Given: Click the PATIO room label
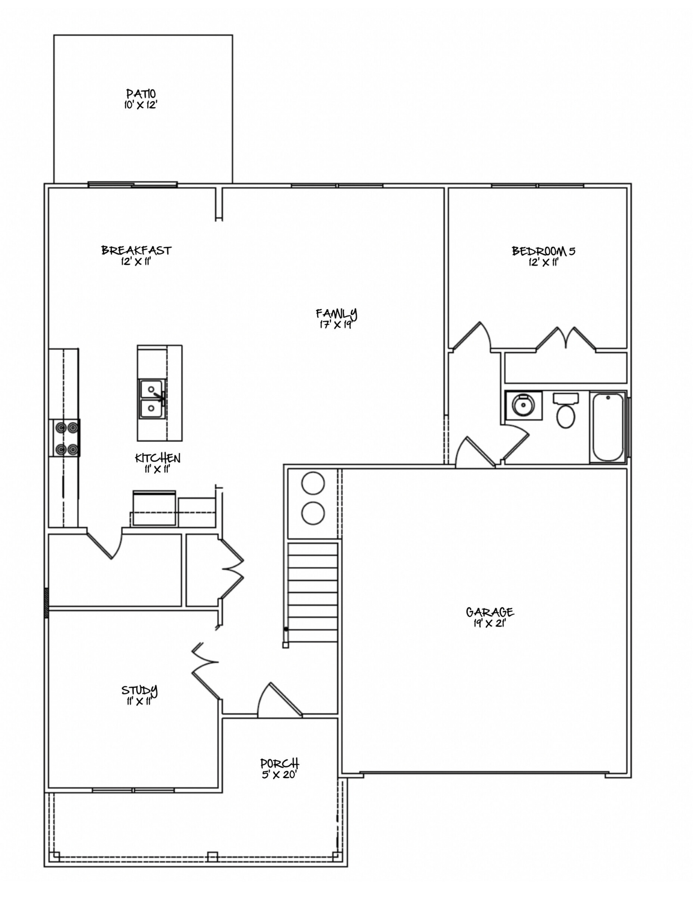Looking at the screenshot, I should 141,94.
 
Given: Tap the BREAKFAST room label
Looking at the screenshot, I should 136,250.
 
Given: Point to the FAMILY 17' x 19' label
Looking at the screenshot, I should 336,318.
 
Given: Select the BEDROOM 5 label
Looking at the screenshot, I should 543,251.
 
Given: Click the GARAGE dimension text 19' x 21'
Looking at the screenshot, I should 489,623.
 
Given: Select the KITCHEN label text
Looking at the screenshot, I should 157,458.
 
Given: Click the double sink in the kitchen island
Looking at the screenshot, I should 152,399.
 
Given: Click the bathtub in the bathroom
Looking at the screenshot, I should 608,427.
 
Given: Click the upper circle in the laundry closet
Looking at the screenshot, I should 313,483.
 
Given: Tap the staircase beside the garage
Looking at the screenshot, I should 313,592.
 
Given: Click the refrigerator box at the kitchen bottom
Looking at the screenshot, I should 154,508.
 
